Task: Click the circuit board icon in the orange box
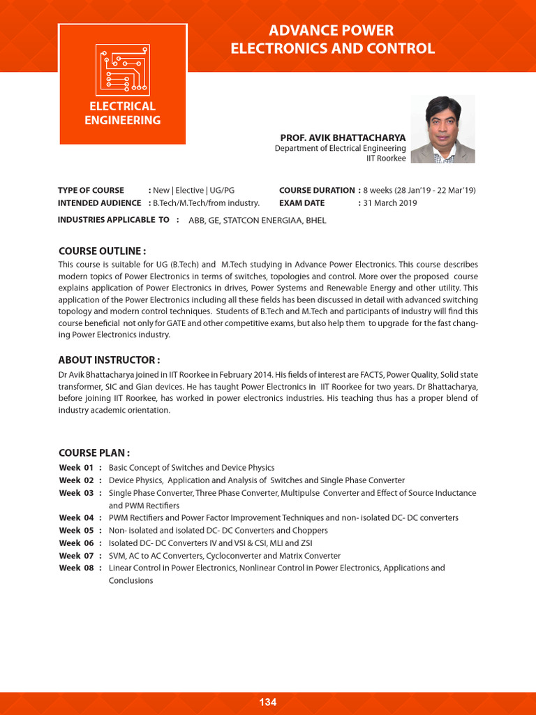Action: (x=122, y=68)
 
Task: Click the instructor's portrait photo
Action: (x=442, y=129)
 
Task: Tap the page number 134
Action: (x=268, y=702)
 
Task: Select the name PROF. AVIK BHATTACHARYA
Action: (x=343, y=138)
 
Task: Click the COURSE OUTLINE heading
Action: (x=102, y=251)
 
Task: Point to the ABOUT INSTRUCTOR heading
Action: (x=109, y=360)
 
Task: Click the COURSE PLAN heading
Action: (x=94, y=452)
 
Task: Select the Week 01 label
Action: (x=76, y=468)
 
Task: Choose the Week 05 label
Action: (x=76, y=531)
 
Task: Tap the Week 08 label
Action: (x=76, y=568)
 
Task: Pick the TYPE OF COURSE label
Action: (x=91, y=191)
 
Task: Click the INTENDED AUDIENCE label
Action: (x=99, y=203)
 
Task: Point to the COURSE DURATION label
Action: (x=317, y=191)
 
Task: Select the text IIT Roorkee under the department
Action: (x=386, y=159)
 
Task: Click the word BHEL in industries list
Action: (x=315, y=221)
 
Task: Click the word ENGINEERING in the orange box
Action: (x=122, y=120)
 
